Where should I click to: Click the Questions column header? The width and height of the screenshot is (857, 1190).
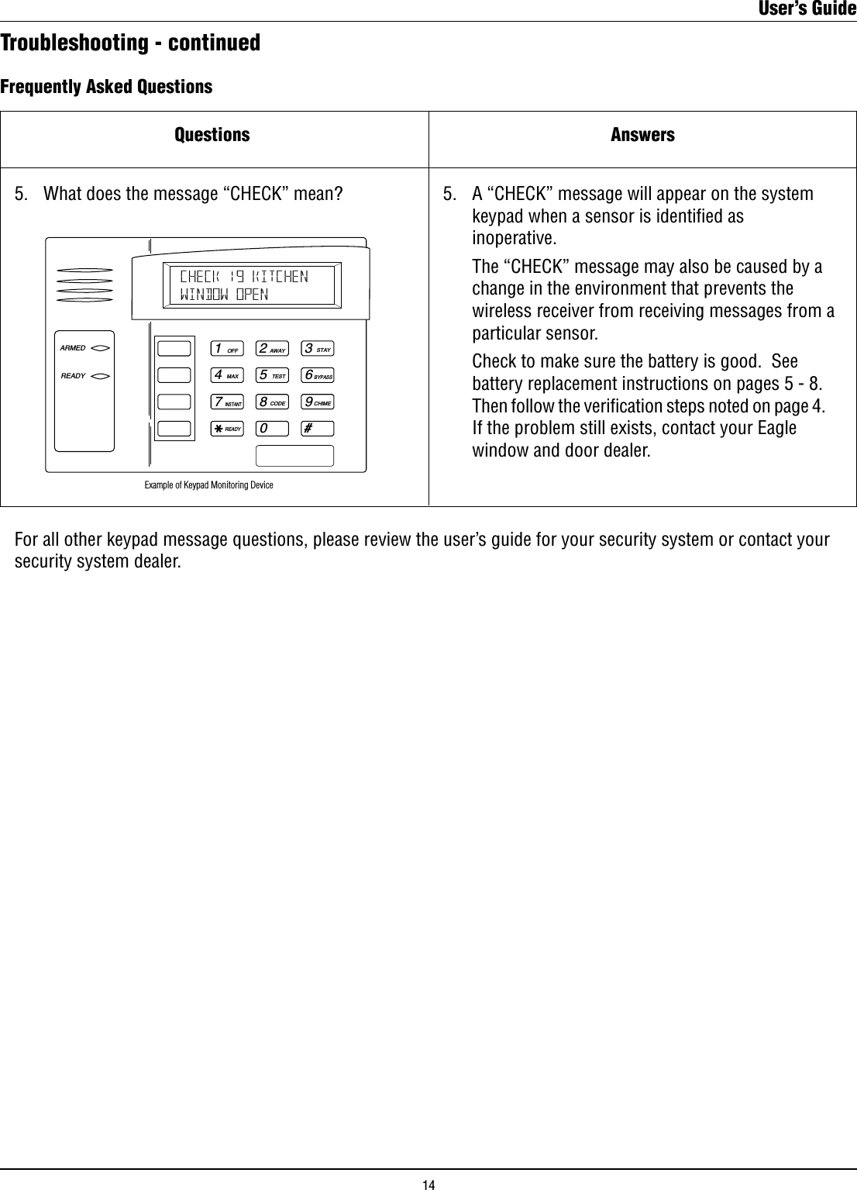[x=212, y=135]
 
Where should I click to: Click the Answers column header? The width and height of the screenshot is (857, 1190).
[x=642, y=135]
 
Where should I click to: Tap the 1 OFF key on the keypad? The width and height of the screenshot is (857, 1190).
[x=227, y=349]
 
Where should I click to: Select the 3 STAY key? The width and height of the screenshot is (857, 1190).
[x=318, y=349]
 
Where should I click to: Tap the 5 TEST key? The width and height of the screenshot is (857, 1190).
[x=273, y=375]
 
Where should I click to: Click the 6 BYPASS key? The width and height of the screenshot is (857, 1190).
[x=318, y=375]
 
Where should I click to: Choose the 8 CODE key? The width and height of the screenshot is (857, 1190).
[x=273, y=402]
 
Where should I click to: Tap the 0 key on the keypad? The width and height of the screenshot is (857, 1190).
[x=273, y=429]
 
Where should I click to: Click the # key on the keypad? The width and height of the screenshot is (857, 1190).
[x=318, y=429]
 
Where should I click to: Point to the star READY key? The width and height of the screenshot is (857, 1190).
[x=227, y=429]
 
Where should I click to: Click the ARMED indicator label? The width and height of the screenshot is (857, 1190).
[x=73, y=348]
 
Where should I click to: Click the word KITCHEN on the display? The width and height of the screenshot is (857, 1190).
[x=281, y=277]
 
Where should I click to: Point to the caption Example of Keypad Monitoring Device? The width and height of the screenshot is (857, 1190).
[x=208, y=485]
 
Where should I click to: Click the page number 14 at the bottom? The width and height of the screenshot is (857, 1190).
[x=428, y=1184]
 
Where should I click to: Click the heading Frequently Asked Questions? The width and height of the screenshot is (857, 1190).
[x=106, y=86]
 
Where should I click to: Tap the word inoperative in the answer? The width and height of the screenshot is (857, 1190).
[x=514, y=236]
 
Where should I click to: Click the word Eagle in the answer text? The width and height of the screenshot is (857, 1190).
[x=775, y=428]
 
